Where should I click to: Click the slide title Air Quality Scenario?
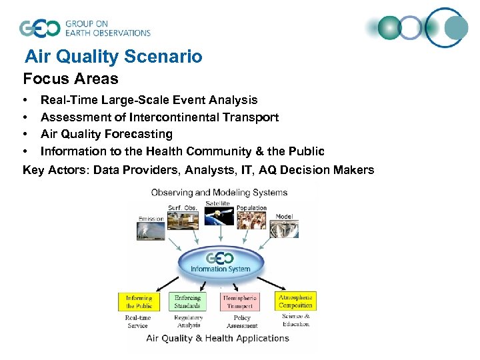pyautogui.click(x=113, y=57)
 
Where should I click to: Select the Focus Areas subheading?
pyautogui.click(x=71, y=79)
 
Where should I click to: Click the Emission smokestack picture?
pyautogui.click(x=151, y=231)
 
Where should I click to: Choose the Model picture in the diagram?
pyautogui.click(x=284, y=229)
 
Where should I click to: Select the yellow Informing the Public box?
pyautogui.click(x=139, y=301)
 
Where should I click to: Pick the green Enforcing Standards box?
pyautogui.click(x=187, y=301)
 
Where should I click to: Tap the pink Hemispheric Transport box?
pyautogui.click(x=239, y=301)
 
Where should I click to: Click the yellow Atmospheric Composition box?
pyautogui.click(x=294, y=301)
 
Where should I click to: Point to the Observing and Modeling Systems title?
pyautogui.click(x=219, y=193)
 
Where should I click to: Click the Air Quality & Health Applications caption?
pyautogui.click(x=218, y=338)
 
